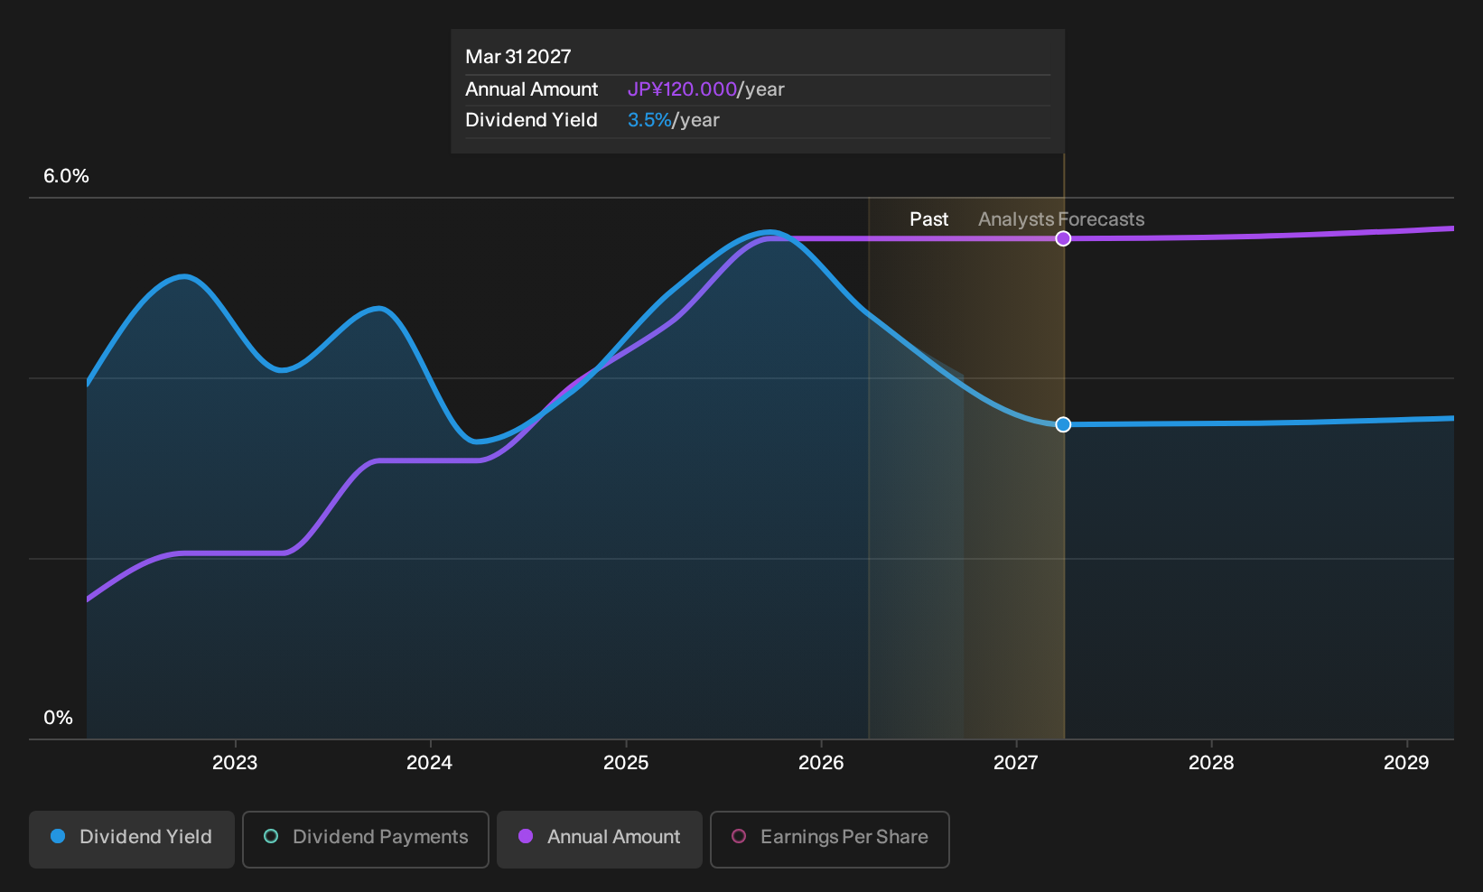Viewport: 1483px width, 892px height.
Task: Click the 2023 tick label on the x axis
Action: [234, 763]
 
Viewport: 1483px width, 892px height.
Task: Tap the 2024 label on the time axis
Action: [429, 763]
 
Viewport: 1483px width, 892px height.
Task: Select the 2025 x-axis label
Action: [626, 763]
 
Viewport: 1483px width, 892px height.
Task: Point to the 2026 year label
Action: [821, 763]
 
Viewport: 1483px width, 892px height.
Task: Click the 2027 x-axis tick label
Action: [1015, 763]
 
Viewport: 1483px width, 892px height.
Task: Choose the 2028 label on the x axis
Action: [1211, 763]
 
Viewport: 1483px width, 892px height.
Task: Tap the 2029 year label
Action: [1406, 763]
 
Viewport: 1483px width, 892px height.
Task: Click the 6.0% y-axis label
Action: [66, 176]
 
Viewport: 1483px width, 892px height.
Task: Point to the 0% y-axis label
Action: [59, 718]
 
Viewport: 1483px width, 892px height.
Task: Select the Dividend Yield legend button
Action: [132, 839]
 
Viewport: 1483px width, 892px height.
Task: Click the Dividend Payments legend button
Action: [366, 839]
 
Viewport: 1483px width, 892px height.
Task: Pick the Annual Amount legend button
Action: [599, 839]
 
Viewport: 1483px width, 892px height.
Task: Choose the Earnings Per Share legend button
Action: [829, 839]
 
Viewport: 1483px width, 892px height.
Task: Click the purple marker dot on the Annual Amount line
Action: [1063, 238]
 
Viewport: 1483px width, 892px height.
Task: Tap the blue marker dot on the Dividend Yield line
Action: [1063, 424]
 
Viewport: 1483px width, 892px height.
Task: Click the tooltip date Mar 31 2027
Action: [518, 57]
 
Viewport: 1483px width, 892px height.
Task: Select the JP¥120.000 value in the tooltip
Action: [682, 89]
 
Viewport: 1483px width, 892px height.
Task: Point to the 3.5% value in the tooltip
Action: [649, 120]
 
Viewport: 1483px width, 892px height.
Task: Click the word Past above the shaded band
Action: [928, 219]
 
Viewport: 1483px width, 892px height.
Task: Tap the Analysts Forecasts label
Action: [1061, 219]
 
